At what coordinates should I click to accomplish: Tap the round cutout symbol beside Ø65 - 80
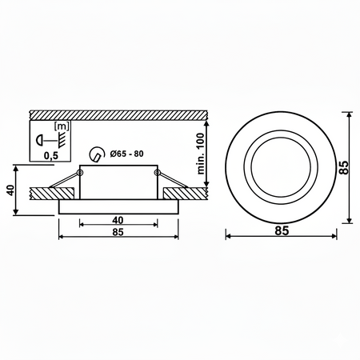[x=98, y=154]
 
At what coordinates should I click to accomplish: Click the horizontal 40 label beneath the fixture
[x=118, y=220]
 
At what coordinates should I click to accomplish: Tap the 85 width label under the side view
[x=118, y=234]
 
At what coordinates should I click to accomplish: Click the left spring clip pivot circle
[x=82, y=171]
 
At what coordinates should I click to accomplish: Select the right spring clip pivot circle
[x=156, y=171]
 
